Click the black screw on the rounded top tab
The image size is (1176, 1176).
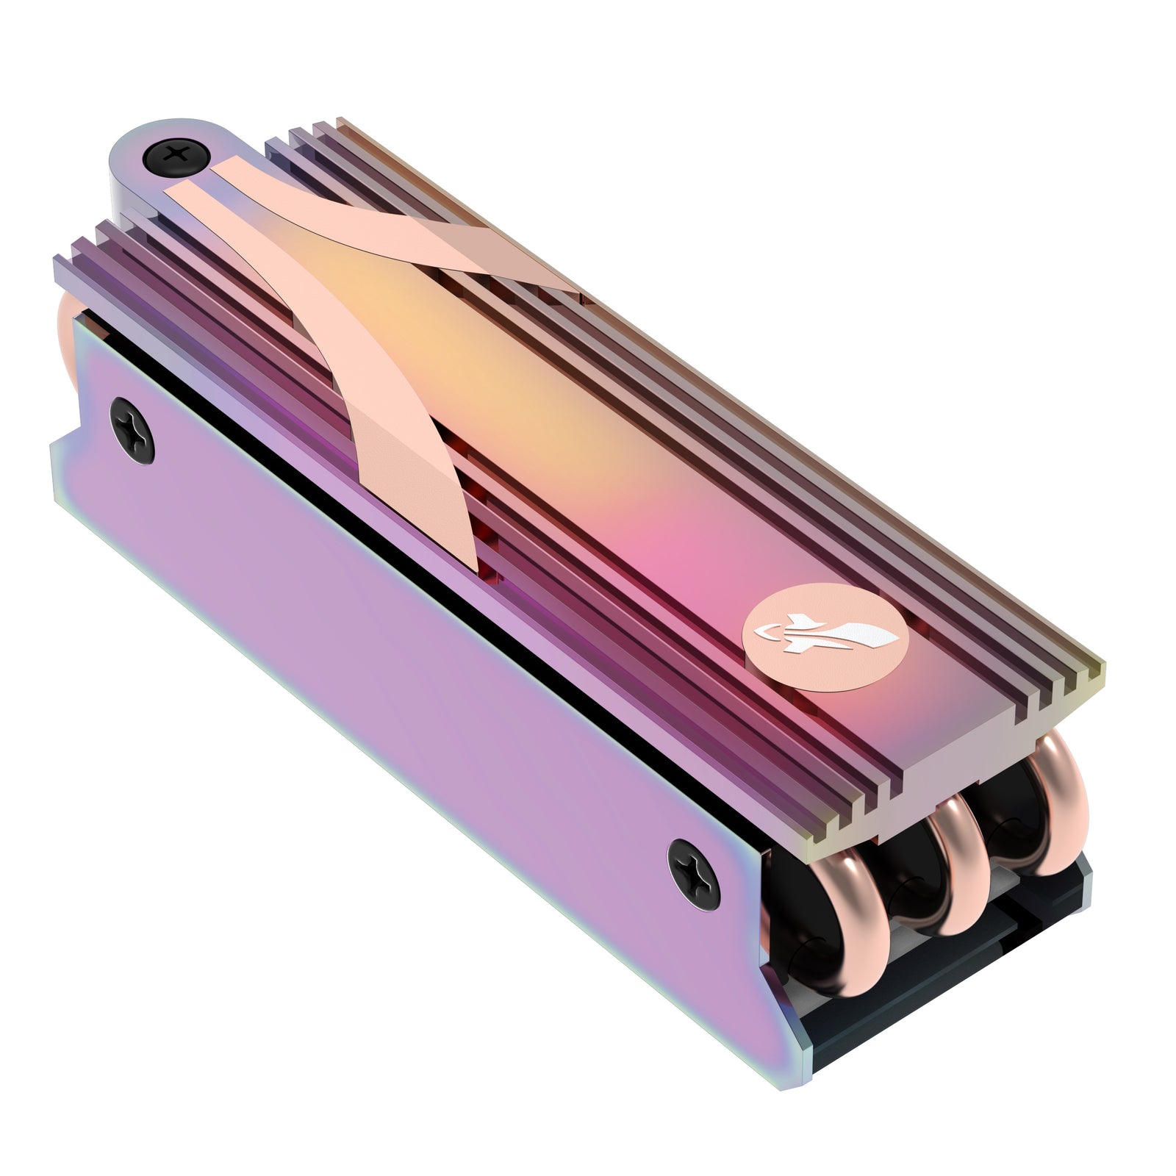[177, 156]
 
